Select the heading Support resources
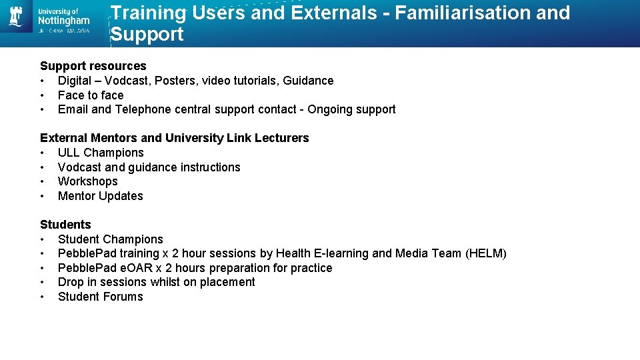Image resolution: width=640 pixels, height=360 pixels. point(93,66)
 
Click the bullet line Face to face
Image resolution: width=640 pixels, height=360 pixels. point(91,95)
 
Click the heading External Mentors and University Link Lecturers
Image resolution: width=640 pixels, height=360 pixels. point(175,138)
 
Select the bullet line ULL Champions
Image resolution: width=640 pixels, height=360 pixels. point(101,153)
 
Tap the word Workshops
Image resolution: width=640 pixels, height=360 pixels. point(88,181)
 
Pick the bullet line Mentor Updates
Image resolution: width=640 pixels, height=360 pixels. point(101,196)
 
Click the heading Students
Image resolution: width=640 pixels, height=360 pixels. point(65,225)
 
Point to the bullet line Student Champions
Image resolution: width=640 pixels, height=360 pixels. point(111,239)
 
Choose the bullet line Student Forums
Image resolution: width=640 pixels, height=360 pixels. point(101,297)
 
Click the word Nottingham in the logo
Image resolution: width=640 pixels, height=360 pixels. point(64,21)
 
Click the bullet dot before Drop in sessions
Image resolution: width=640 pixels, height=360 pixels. point(43,282)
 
